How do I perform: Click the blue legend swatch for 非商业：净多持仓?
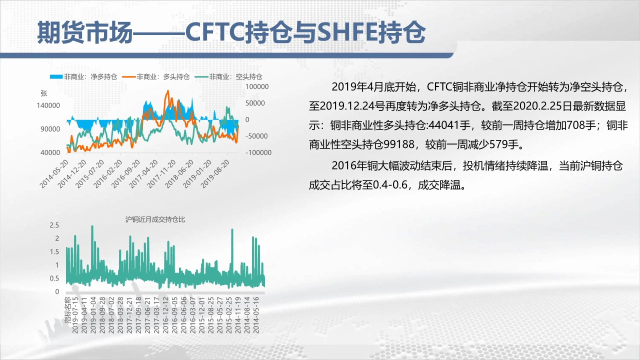[x=56, y=76]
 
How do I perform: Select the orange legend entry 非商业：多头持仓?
[x=155, y=76]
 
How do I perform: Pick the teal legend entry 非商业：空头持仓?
[x=228, y=76]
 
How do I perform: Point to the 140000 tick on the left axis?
[x=48, y=105]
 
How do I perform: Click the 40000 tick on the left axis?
[x=50, y=152]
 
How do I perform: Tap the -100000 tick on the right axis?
[x=258, y=152]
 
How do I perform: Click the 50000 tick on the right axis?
[x=255, y=103]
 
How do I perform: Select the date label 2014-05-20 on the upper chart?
[x=54, y=174]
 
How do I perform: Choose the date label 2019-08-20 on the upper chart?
[x=215, y=174]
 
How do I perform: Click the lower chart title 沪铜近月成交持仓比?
[x=155, y=219]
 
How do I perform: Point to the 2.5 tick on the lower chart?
[x=54, y=225]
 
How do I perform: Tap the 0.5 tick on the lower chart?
[x=54, y=278]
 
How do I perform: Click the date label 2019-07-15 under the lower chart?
[x=75, y=315]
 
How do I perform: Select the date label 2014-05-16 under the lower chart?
[x=256, y=315]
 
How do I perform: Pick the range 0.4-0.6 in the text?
[x=390, y=185]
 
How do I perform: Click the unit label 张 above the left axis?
[x=43, y=93]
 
